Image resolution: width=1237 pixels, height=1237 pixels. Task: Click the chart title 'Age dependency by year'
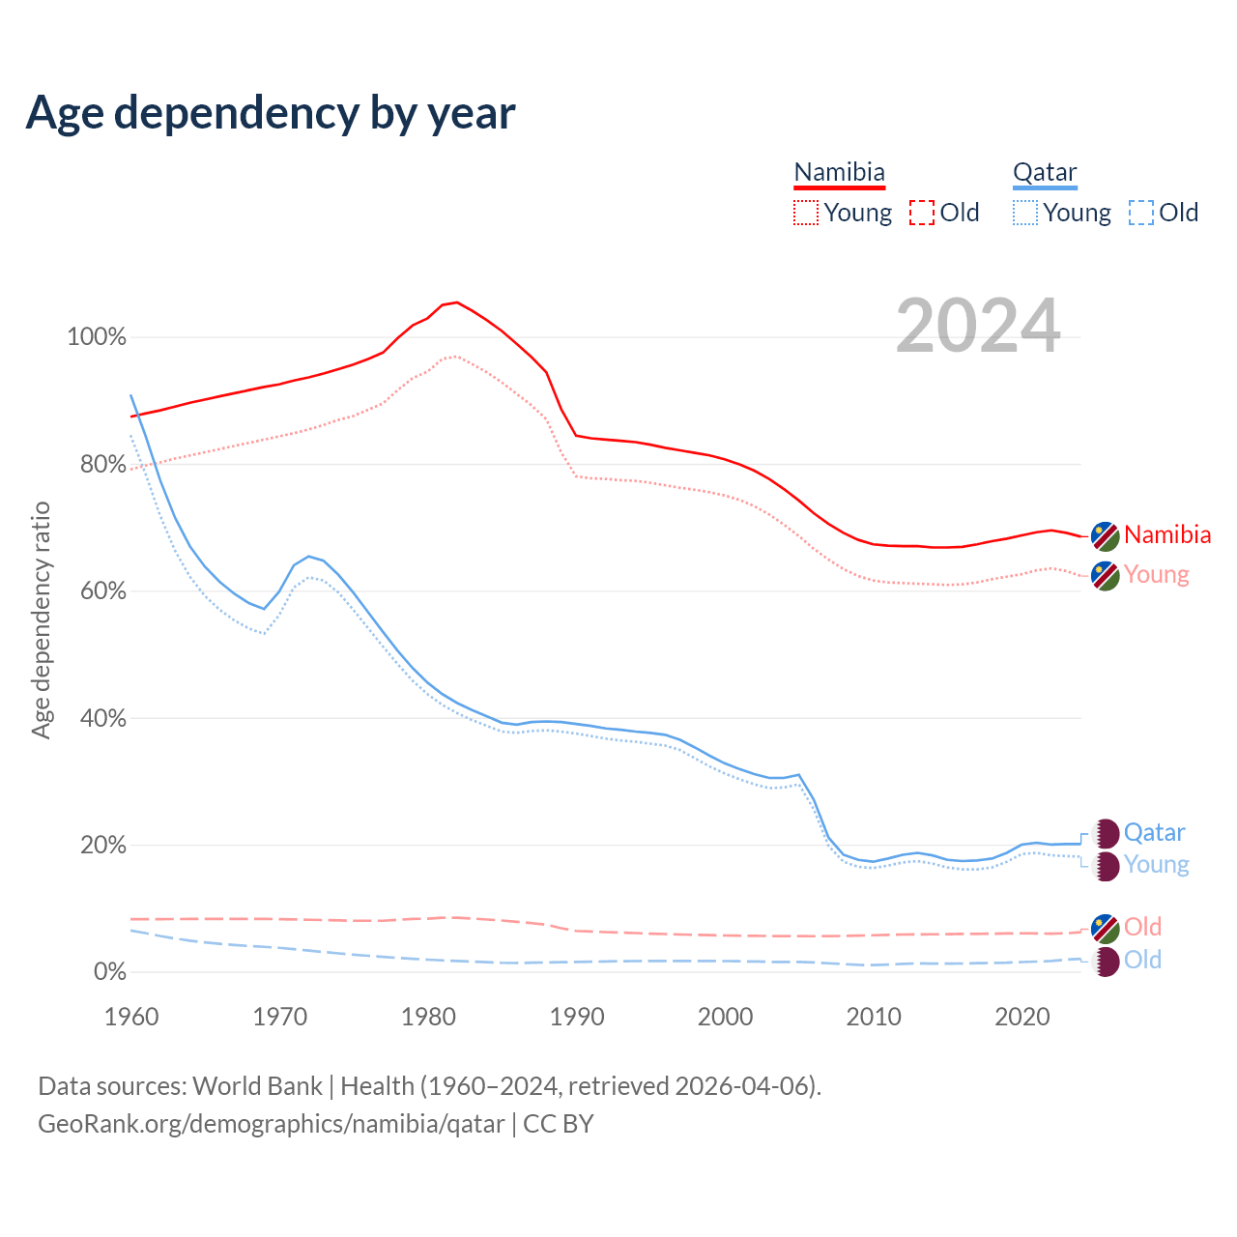pos(271,112)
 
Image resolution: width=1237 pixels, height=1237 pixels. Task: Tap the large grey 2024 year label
pos(978,327)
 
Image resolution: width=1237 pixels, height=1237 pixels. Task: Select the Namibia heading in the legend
pos(839,172)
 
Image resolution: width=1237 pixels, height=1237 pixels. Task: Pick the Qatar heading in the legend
pos(1045,172)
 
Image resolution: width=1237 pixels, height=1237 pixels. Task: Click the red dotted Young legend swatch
pos(805,213)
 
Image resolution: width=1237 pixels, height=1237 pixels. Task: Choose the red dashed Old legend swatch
pos(922,213)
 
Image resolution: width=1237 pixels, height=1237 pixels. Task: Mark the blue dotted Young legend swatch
pos(1025,213)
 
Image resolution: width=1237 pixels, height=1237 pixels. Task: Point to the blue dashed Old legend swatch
pos(1141,213)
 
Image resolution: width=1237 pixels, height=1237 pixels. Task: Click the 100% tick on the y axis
pos(97,337)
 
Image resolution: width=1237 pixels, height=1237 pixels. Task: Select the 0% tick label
pos(110,972)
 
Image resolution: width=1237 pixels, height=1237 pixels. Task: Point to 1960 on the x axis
pos(131,1017)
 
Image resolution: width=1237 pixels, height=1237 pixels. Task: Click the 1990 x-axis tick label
pos(577,1017)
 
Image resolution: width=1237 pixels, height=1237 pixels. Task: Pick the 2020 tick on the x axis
pos(1022,1017)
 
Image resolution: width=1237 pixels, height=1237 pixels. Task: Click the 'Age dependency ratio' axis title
pos(41,619)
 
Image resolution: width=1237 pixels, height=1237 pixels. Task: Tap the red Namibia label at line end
pos(1167,534)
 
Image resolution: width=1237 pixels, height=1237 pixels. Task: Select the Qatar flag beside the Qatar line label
pos(1106,833)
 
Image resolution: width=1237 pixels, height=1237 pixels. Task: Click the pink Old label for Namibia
pos(1142,927)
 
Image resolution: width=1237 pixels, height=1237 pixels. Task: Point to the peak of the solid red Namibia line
pos(456,302)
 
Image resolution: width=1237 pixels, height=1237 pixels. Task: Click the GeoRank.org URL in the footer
pos(271,1124)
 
